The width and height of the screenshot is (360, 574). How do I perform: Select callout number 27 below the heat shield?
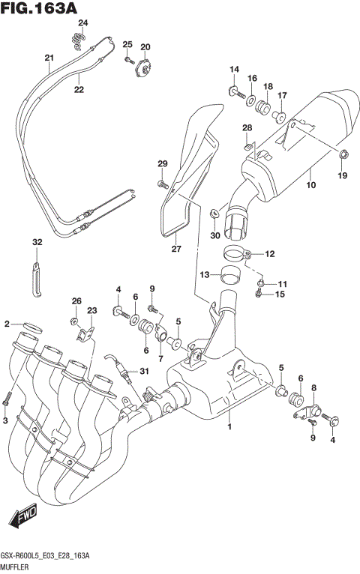[x=176, y=249]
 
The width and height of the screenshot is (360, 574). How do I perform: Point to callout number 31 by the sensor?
[x=144, y=372]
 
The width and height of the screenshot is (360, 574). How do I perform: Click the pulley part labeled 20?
[x=143, y=69]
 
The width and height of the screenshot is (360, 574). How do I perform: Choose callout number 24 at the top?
[x=82, y=23]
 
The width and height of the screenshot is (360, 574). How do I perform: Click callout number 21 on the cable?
[x=49, y=58]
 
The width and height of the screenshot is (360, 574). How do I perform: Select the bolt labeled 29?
[x=162, y=182]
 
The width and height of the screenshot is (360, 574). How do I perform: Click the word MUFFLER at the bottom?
[x=16, y=567]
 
